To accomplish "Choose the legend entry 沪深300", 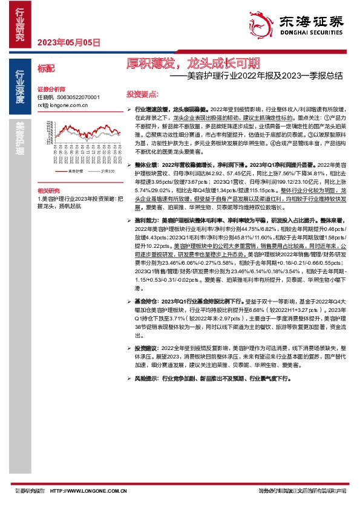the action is click(108, 172).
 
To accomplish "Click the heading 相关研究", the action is click(48, 190).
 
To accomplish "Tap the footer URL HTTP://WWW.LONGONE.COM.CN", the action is click(88, 491).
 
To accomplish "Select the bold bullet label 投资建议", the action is click(146, 349).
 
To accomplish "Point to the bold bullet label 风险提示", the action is click(146, 378).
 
